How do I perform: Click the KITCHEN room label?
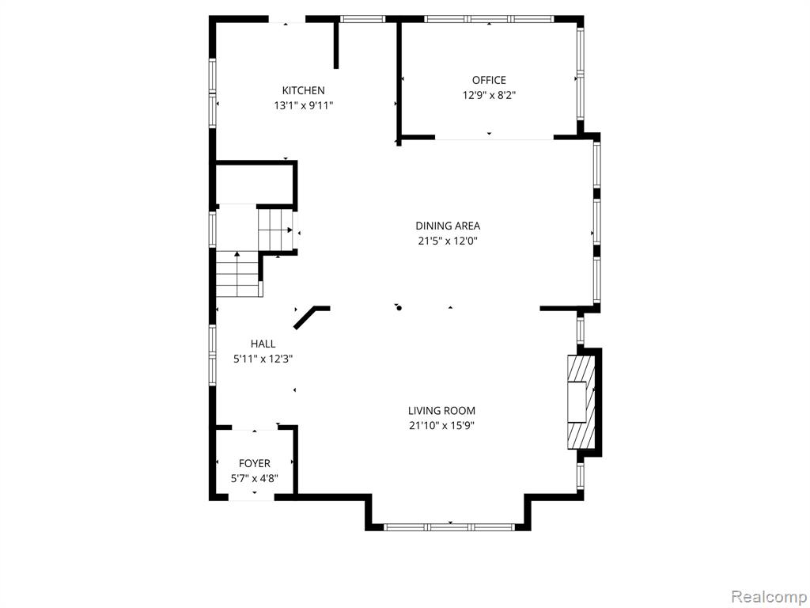coord(303,90)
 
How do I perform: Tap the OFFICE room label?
coord(489,80)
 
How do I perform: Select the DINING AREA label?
coord(448,226)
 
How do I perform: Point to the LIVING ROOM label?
coord(441,411)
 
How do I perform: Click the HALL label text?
coord(263,344)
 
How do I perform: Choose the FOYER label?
coord(254,464)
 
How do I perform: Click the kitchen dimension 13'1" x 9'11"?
coord(303,106)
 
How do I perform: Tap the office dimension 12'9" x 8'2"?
coord(489,96)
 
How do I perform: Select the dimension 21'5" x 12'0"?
coord(448,241)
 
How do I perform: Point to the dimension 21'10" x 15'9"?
coord(441,426)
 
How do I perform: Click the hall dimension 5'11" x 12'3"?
coord(263,359)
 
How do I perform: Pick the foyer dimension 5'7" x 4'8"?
coord(254,479)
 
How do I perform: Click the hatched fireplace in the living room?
coord(581,401)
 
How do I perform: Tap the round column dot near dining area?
coord(399,308)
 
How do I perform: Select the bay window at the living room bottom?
coord(449,527)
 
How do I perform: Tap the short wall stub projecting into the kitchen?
coord(335,44)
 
